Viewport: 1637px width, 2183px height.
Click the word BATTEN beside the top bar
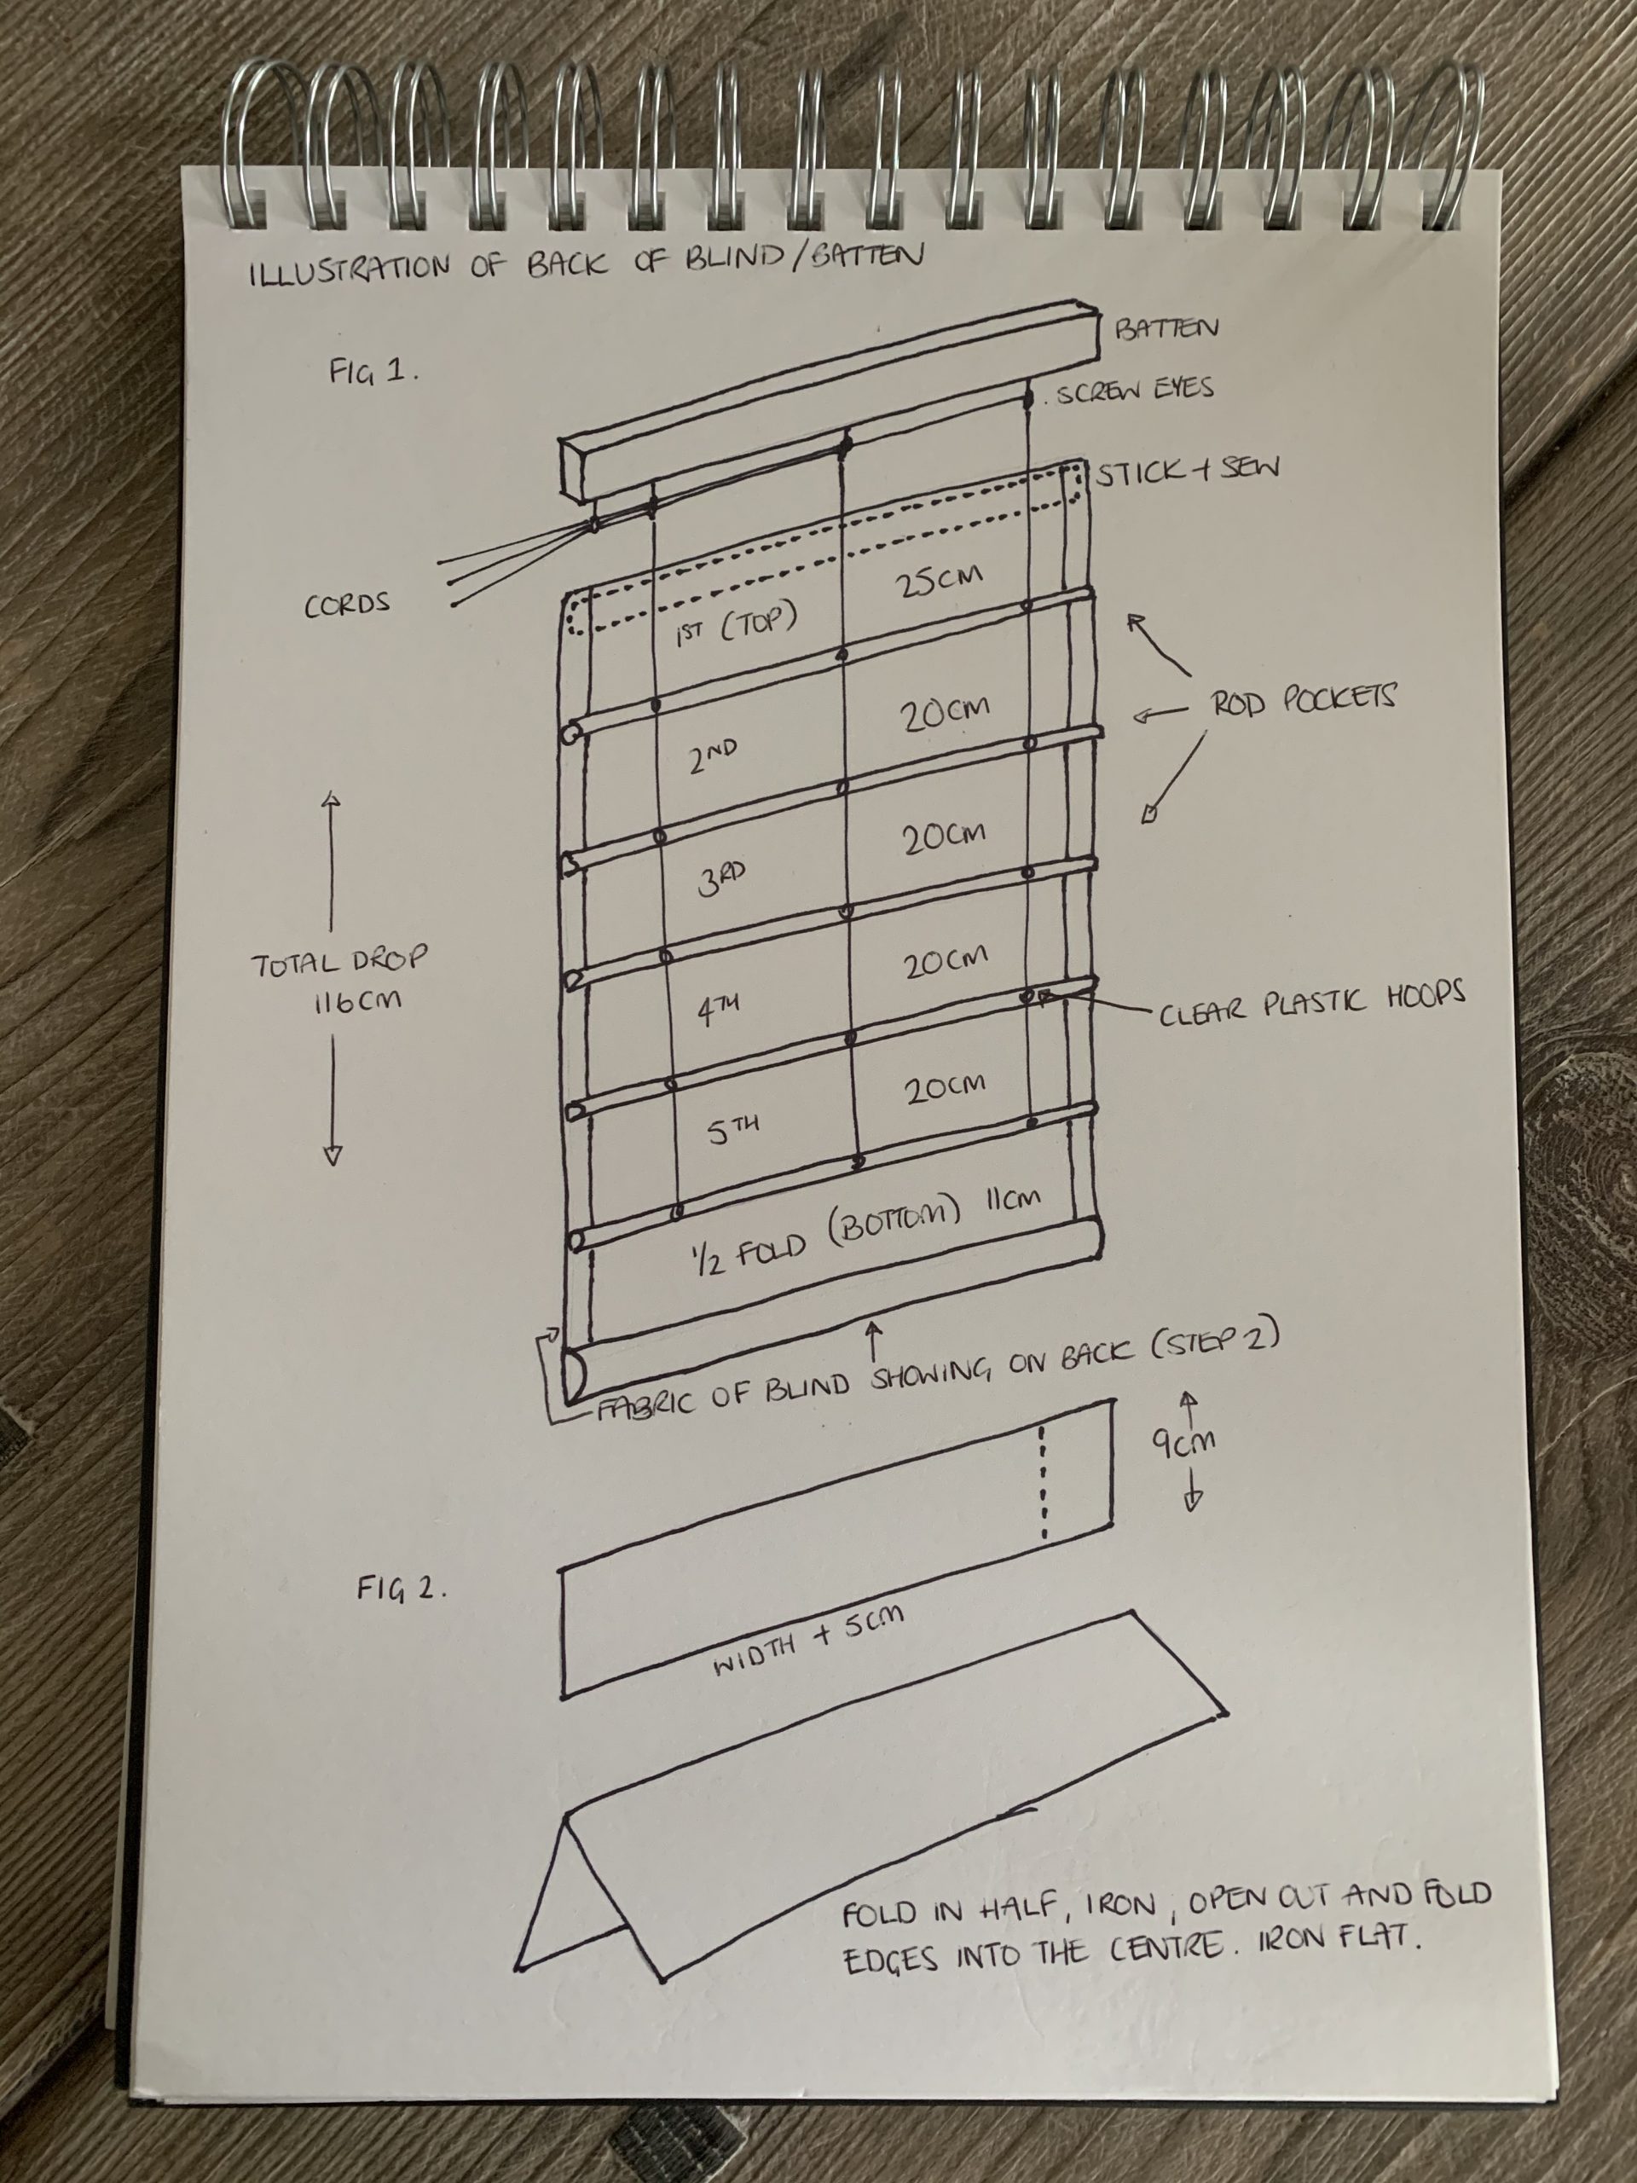point(1166,328)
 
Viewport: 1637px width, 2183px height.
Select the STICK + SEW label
point(1188,472)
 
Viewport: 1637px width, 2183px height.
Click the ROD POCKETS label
point(1303,701)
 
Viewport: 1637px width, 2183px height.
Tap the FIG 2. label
point(402,1589)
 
